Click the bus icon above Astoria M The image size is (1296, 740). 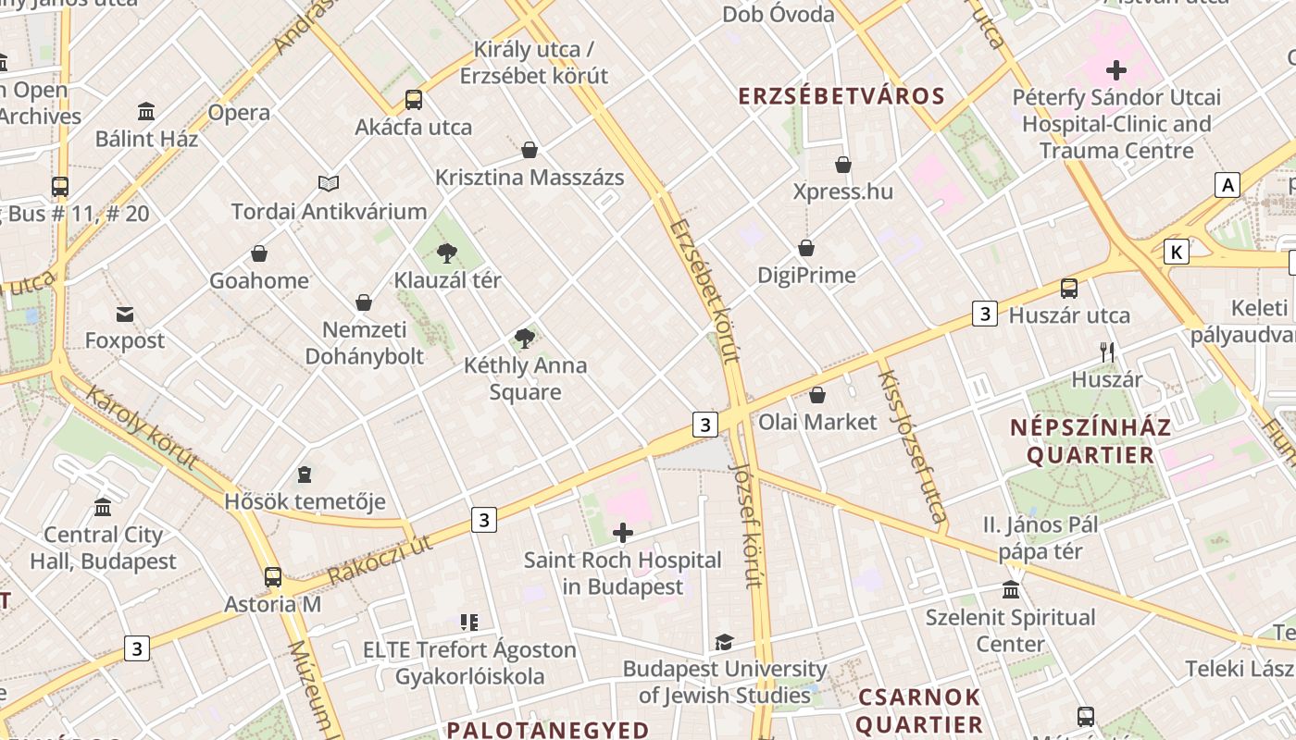[x=273, y=577]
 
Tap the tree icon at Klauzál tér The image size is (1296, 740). [x=447, y=253]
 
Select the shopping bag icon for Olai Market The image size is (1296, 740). [x=817, y=396]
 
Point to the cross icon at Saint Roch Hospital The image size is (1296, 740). [x=623, y=533]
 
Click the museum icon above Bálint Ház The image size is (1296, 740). [x=146, y=112]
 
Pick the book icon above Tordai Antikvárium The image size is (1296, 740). [x=329, y=183]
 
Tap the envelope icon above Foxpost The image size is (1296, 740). [x=124, y=314]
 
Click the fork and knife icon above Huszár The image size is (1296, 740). [x=1106, y=351]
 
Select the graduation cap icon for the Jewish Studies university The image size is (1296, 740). [x=724, y=642]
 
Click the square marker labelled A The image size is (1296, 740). [x=1227, y=185]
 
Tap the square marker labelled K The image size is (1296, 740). [x=1177, y=252]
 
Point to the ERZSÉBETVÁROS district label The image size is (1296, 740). [x=841, y=96]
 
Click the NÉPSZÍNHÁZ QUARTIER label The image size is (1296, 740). [x=1090, y=441]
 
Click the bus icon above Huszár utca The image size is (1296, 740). [x=1069, y=289]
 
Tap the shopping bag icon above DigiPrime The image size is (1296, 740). [x=806, y=248]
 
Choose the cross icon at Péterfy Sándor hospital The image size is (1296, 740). [x=1116, y=69]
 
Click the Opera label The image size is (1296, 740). [x=239, y=113]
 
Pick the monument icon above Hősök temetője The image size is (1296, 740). [x=305, y=475]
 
